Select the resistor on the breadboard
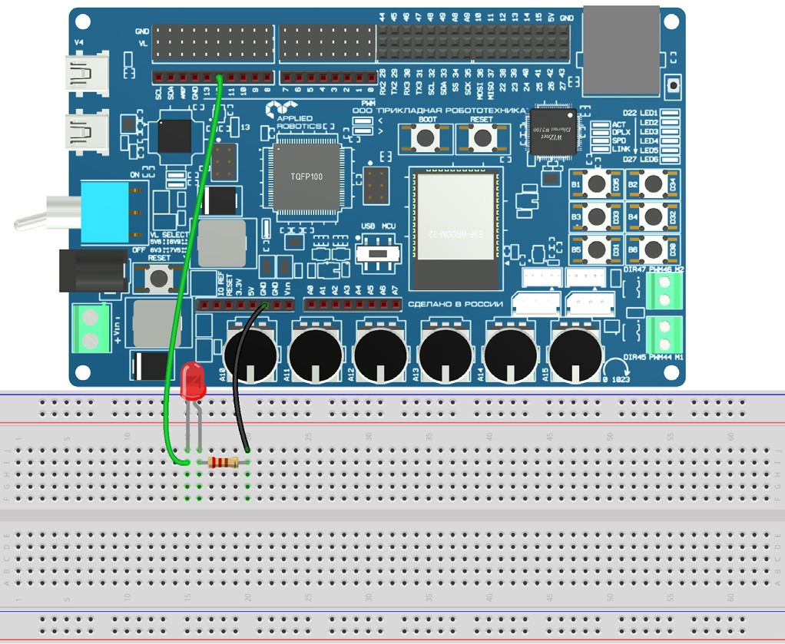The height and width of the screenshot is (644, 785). click(x=224, y=462)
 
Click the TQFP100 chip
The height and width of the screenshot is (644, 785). click(x=302, y=176)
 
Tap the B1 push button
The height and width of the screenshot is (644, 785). click(x=597, y=184)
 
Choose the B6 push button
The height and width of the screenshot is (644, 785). click(x=654, y=249)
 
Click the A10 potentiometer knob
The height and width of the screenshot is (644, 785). click(x=250, y=354)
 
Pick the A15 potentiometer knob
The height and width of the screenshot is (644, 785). click(x=576, y=354)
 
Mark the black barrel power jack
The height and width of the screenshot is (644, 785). click(x=91, y=271)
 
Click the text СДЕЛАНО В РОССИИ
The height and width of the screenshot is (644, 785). click(x=455, y=304)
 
